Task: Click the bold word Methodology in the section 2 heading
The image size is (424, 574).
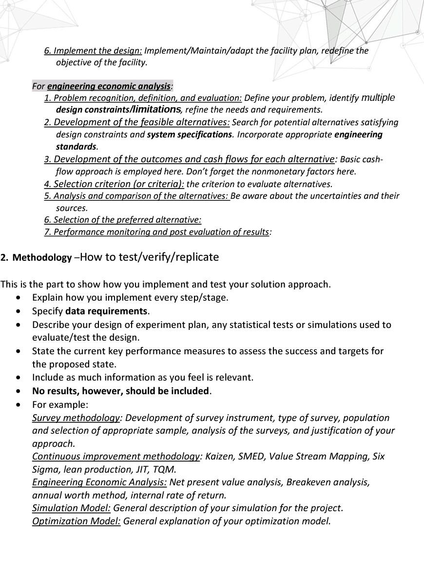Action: click(x=42, y=258)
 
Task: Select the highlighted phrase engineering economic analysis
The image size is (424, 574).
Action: click(x=109, y=86)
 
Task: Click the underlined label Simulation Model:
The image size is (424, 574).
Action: click(x=71, y=508)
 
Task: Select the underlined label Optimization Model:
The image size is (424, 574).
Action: click(x=76, y=521)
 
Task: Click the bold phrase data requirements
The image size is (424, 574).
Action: click(x=107, y=311)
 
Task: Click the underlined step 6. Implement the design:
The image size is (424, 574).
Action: click(x=93, y=51)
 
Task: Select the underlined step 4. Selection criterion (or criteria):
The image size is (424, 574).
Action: click(x=114, y=184)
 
